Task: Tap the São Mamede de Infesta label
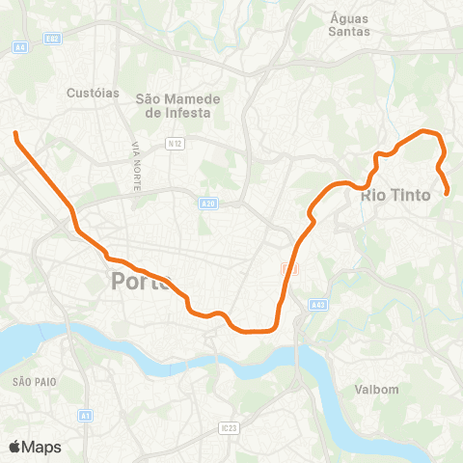[178, 105]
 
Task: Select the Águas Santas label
[349, 24]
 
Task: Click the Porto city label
[140, 281]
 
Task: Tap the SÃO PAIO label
[35, 382]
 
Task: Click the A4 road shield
[19, 45]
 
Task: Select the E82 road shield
[52, 39]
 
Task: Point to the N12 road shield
[175, 144]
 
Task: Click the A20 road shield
[208, 204]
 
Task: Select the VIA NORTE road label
[136, 164]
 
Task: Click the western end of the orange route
[15, 134]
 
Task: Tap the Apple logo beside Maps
[14, 447]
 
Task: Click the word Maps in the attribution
[41, 447]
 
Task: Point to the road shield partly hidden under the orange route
[287, 267]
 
